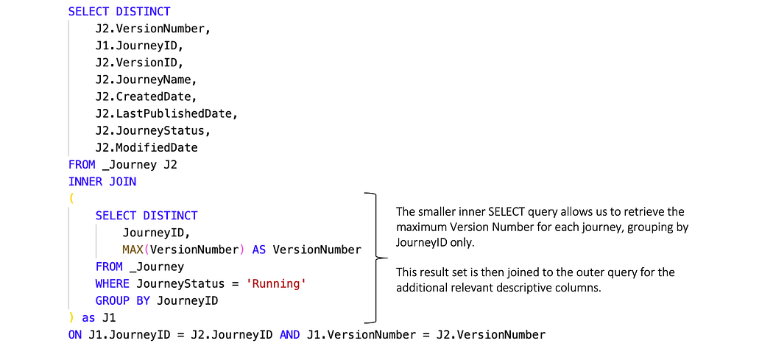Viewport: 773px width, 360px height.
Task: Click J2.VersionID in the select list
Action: [139, 62]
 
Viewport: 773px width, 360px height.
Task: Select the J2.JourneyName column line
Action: [146, 79]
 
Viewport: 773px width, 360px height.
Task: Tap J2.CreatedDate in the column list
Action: [146, 96]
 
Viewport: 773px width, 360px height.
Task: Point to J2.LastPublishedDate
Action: [166, 113]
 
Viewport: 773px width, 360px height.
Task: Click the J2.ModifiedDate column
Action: [146, 147]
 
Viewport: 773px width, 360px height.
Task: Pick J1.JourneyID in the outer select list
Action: [139, 45]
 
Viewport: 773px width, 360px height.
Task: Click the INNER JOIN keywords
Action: [102, 181]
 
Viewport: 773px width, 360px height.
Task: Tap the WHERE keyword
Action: [112, 283]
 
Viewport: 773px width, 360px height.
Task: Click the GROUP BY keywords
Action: [122, 300]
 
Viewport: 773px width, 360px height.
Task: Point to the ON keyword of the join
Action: [75, 335]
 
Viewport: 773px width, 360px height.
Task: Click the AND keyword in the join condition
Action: [290, 335]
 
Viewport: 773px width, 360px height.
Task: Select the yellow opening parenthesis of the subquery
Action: [71, 199]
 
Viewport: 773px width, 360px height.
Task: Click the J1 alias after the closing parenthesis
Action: [109, 318]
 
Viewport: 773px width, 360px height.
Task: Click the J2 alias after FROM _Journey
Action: [170, 164]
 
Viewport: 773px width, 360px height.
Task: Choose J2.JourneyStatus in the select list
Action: [152, 130]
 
